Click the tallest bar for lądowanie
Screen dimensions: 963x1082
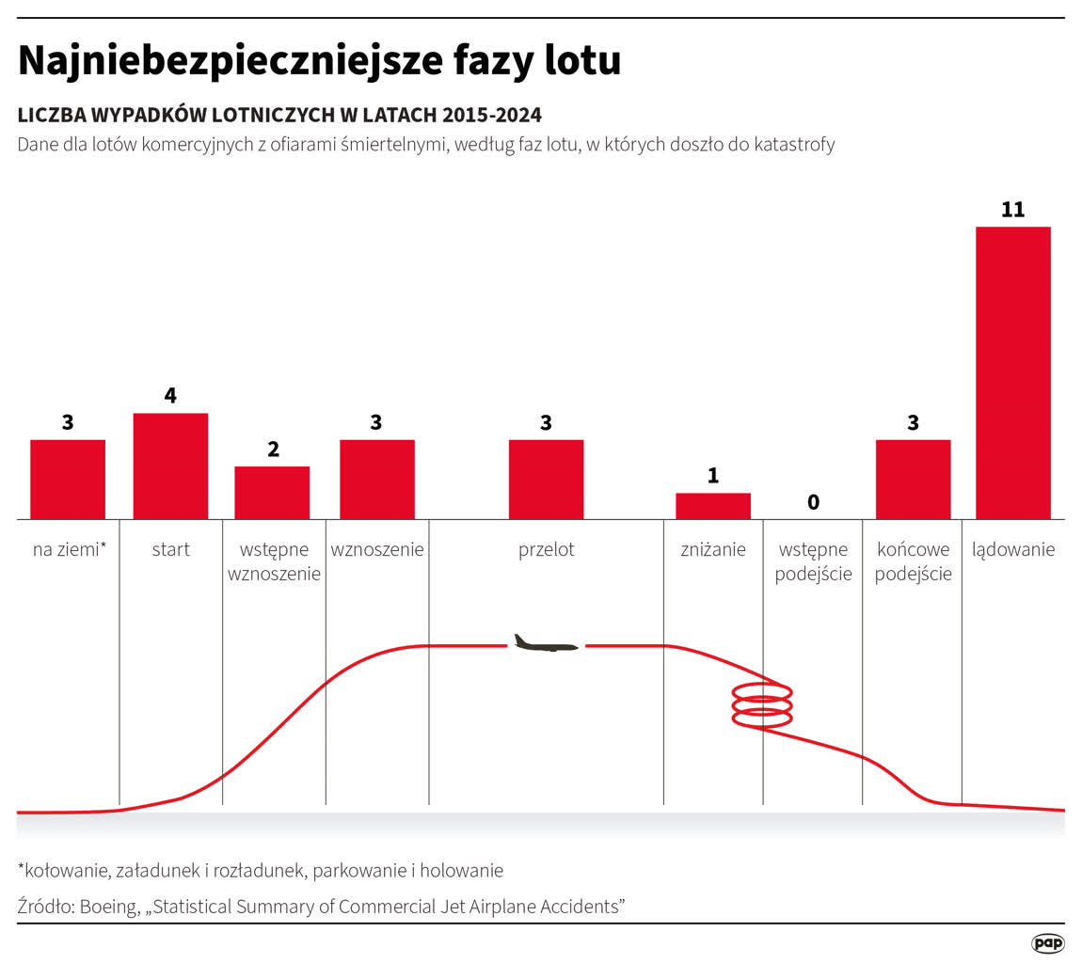1013,372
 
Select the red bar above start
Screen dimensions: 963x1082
170,466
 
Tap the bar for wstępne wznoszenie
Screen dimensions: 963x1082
272,492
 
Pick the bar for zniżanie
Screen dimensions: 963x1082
713,506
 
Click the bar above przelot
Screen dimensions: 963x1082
546,479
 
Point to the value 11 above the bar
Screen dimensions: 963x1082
1012,210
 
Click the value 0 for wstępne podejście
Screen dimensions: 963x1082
813,502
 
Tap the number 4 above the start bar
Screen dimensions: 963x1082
170,396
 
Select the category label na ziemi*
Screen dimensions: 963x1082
70,550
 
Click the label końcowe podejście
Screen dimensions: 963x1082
913,561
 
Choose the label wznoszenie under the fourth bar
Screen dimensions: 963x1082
377,550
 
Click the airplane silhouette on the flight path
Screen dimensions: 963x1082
545,644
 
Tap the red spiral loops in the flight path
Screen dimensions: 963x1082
762,704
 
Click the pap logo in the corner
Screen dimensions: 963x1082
1047,942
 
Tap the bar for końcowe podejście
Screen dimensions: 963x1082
913,479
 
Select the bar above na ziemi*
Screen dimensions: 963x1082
68,479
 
